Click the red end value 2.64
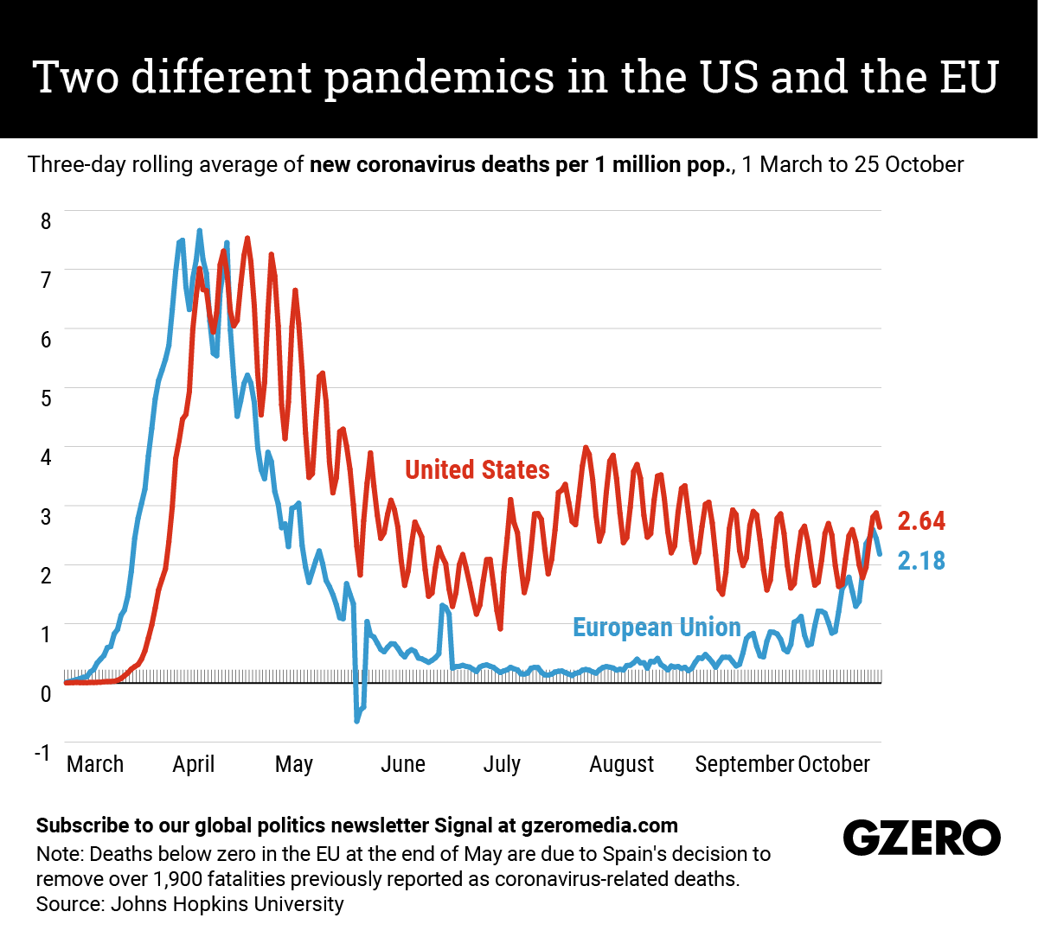coord(921,521)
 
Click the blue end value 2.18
coord(921,561)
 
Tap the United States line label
coord(477,469)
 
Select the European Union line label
coord(657,627)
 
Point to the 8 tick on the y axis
coord(46,220)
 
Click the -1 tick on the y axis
coord(42,751)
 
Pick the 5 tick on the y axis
coord(46,398)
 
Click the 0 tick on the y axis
coord(46,693)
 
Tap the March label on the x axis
coord(95,764)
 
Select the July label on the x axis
coord(502,764)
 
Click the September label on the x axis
coord(744,764)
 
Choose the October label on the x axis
coord(834,764)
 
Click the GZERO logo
coord(921,838)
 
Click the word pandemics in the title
coord(440,78)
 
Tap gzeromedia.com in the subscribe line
coord(599,825)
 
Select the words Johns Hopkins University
coord(227,904)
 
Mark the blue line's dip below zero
coord(357,717)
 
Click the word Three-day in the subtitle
coord(76,164)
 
